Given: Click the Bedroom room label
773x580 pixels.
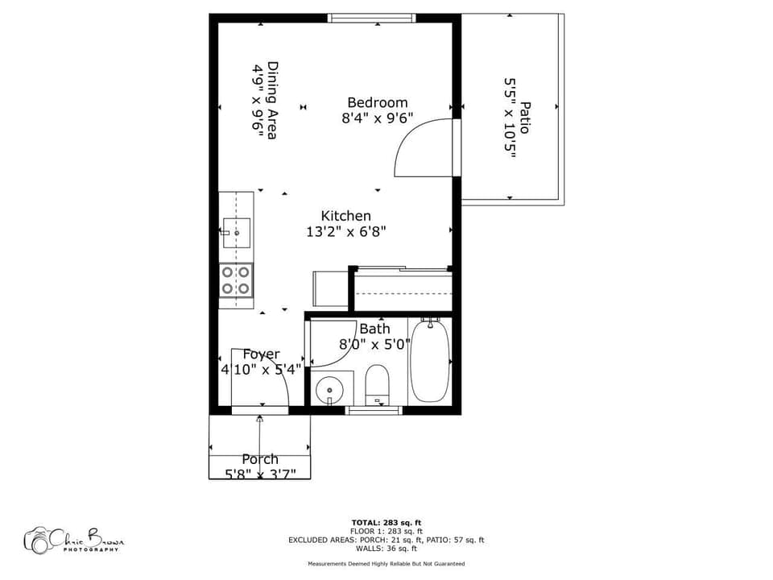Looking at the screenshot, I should (x=377, y=102).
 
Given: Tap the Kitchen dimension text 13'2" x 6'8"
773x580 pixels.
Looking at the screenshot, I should (x=346, y=232).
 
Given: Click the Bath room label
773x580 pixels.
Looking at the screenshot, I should (x=374, y=329).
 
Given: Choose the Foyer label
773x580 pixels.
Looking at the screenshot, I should (x=262, y=354).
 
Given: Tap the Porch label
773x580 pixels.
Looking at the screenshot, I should (x=260, y=459).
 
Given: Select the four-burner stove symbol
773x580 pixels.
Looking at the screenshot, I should (x=236, y=280).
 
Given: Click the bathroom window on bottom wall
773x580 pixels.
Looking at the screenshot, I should (x=374, y=410).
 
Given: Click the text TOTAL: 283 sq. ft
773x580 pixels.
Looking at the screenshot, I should (x=386, y=523).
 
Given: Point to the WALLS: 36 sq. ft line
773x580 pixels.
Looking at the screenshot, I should (x=386, y=548).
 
